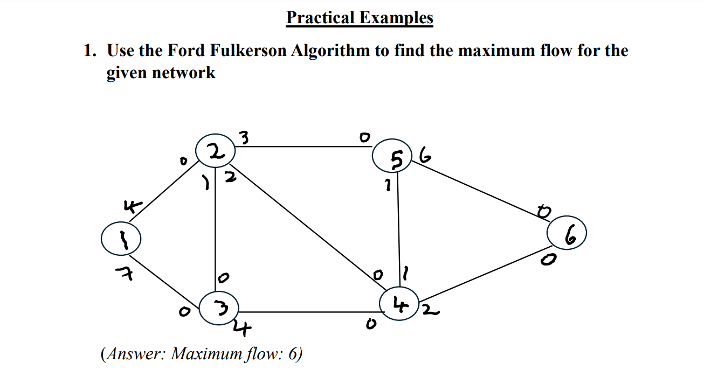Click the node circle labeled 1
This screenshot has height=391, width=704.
pyautogui.click(x=121, y=239)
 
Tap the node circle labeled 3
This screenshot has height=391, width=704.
pyautogui.click(x=218, y=308)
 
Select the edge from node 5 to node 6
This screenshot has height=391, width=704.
pyautogui.click(x=480, y=191)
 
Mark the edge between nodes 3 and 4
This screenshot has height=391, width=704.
pyautogui.click(x=310, y=311)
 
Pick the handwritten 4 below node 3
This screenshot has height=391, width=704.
pyautogui.click(x=242, y=329)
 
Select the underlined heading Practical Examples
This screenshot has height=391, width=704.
pyautogui.click(x=360, y=18)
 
